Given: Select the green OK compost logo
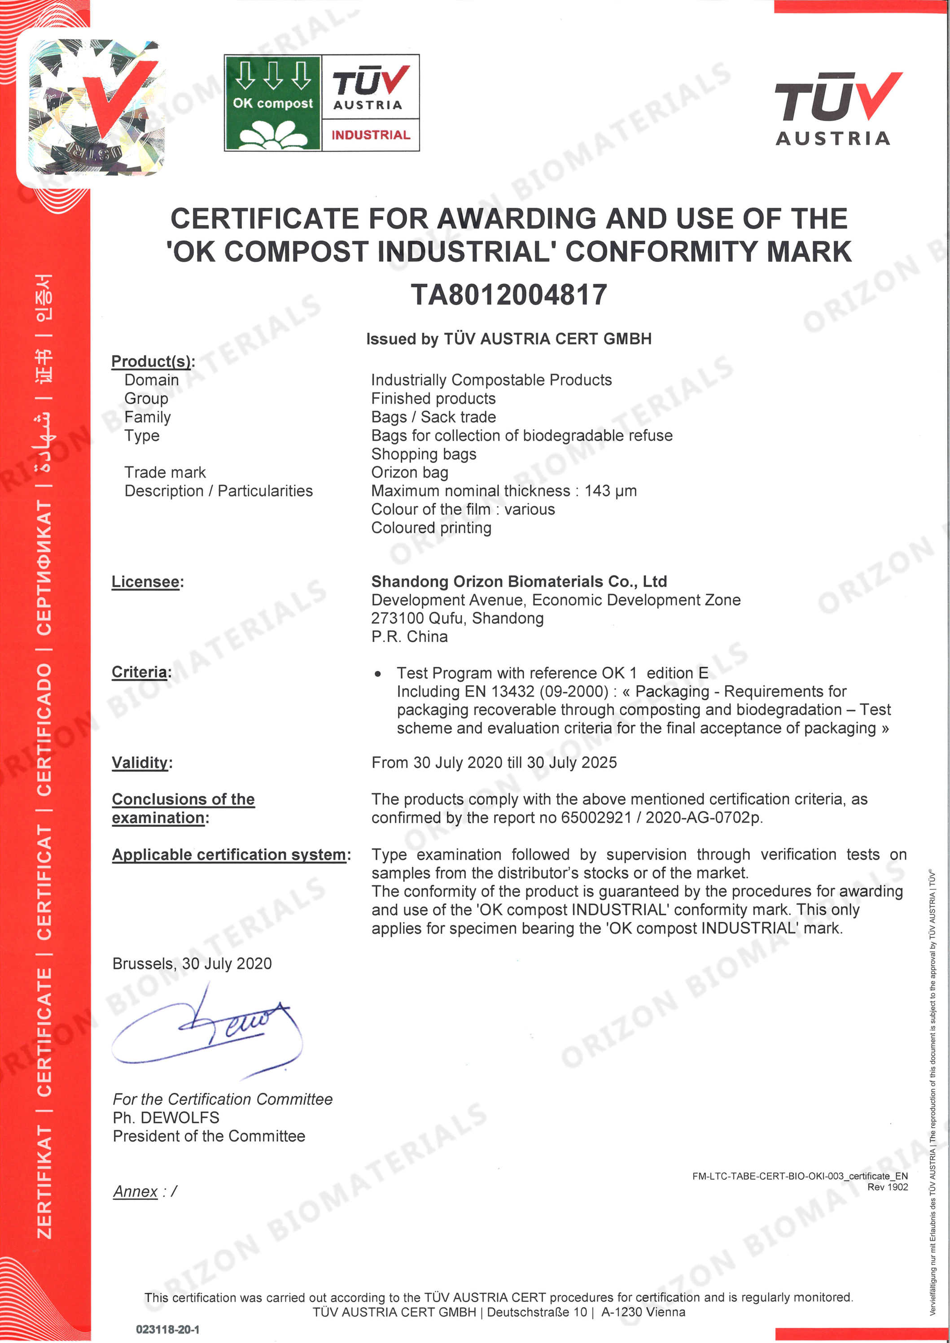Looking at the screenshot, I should [273, 103].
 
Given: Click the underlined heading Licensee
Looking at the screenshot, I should [146, 582].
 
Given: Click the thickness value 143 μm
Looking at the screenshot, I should [610, 491].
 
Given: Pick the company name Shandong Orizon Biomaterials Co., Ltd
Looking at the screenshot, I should [519, 581].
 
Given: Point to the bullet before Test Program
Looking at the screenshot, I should [378, 674].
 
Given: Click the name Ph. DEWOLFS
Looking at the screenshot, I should [166, 1118].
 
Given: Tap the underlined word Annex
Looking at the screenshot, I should [135, 1191].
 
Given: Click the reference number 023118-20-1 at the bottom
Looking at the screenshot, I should [167, 1330].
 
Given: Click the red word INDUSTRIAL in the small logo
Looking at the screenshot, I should [371, 135].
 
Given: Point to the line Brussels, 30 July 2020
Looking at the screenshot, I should [192, 964].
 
